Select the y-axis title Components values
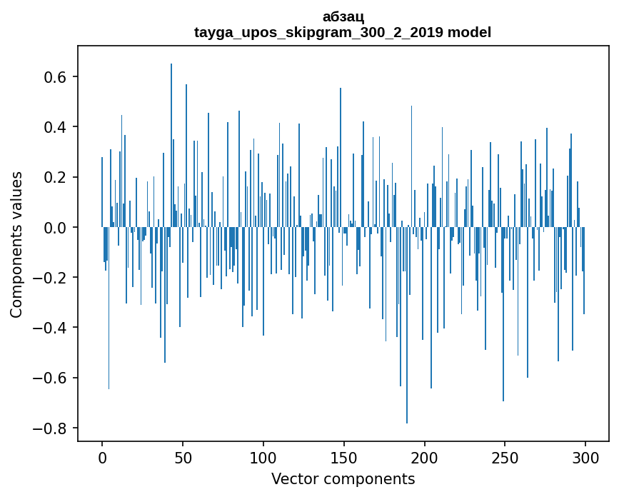[x=16, y=244]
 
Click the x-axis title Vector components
[x=343, y=478]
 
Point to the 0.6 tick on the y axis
[x=58, y=77]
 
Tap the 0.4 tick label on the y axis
[x=58, y=127]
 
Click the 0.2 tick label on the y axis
[x=58, y=177]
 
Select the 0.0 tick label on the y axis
[x=58, y=228]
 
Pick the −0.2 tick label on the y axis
[x=53, y=278]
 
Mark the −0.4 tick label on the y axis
[x=53, y=328]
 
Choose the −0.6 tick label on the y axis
[x=53, y=378]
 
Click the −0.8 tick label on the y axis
[x=53, y=428]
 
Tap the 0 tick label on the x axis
[x=102, y=457]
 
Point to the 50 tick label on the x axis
[x=183, y=457]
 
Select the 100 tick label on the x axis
[x=263, y=457]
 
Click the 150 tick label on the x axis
[x=344, y=457]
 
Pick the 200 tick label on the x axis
[x=425, y=457]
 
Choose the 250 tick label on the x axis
[x=505, y=457]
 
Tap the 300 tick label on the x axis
[x=585, y=457]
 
